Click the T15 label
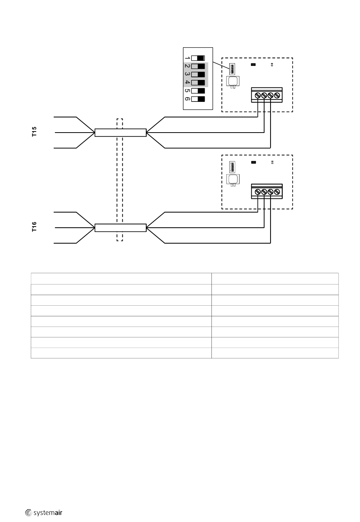pos(34,132)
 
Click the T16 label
pos(34,227)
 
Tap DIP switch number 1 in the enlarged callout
pos(198,58)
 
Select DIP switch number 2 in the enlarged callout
pos(198,66)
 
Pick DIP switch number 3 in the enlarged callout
pos(198,75)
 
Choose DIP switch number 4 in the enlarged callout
pos(198,83)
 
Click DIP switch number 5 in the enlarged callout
pos(198,91)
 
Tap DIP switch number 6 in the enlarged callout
pos(198,99)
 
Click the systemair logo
pos(44,513)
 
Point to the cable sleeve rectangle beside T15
pos(121,133)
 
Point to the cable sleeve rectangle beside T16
pos(121,228)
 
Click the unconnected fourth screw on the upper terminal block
pos(277,95)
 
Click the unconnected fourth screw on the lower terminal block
pos(277,192)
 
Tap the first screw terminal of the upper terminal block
pos(258,95)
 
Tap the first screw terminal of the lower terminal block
pos(258,192)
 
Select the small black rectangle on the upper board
pos(253,64)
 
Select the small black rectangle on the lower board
pos(253,162)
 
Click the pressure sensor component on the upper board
pos(233,82)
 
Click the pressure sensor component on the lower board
pos(233,180)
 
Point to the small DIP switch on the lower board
pos(232,167)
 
